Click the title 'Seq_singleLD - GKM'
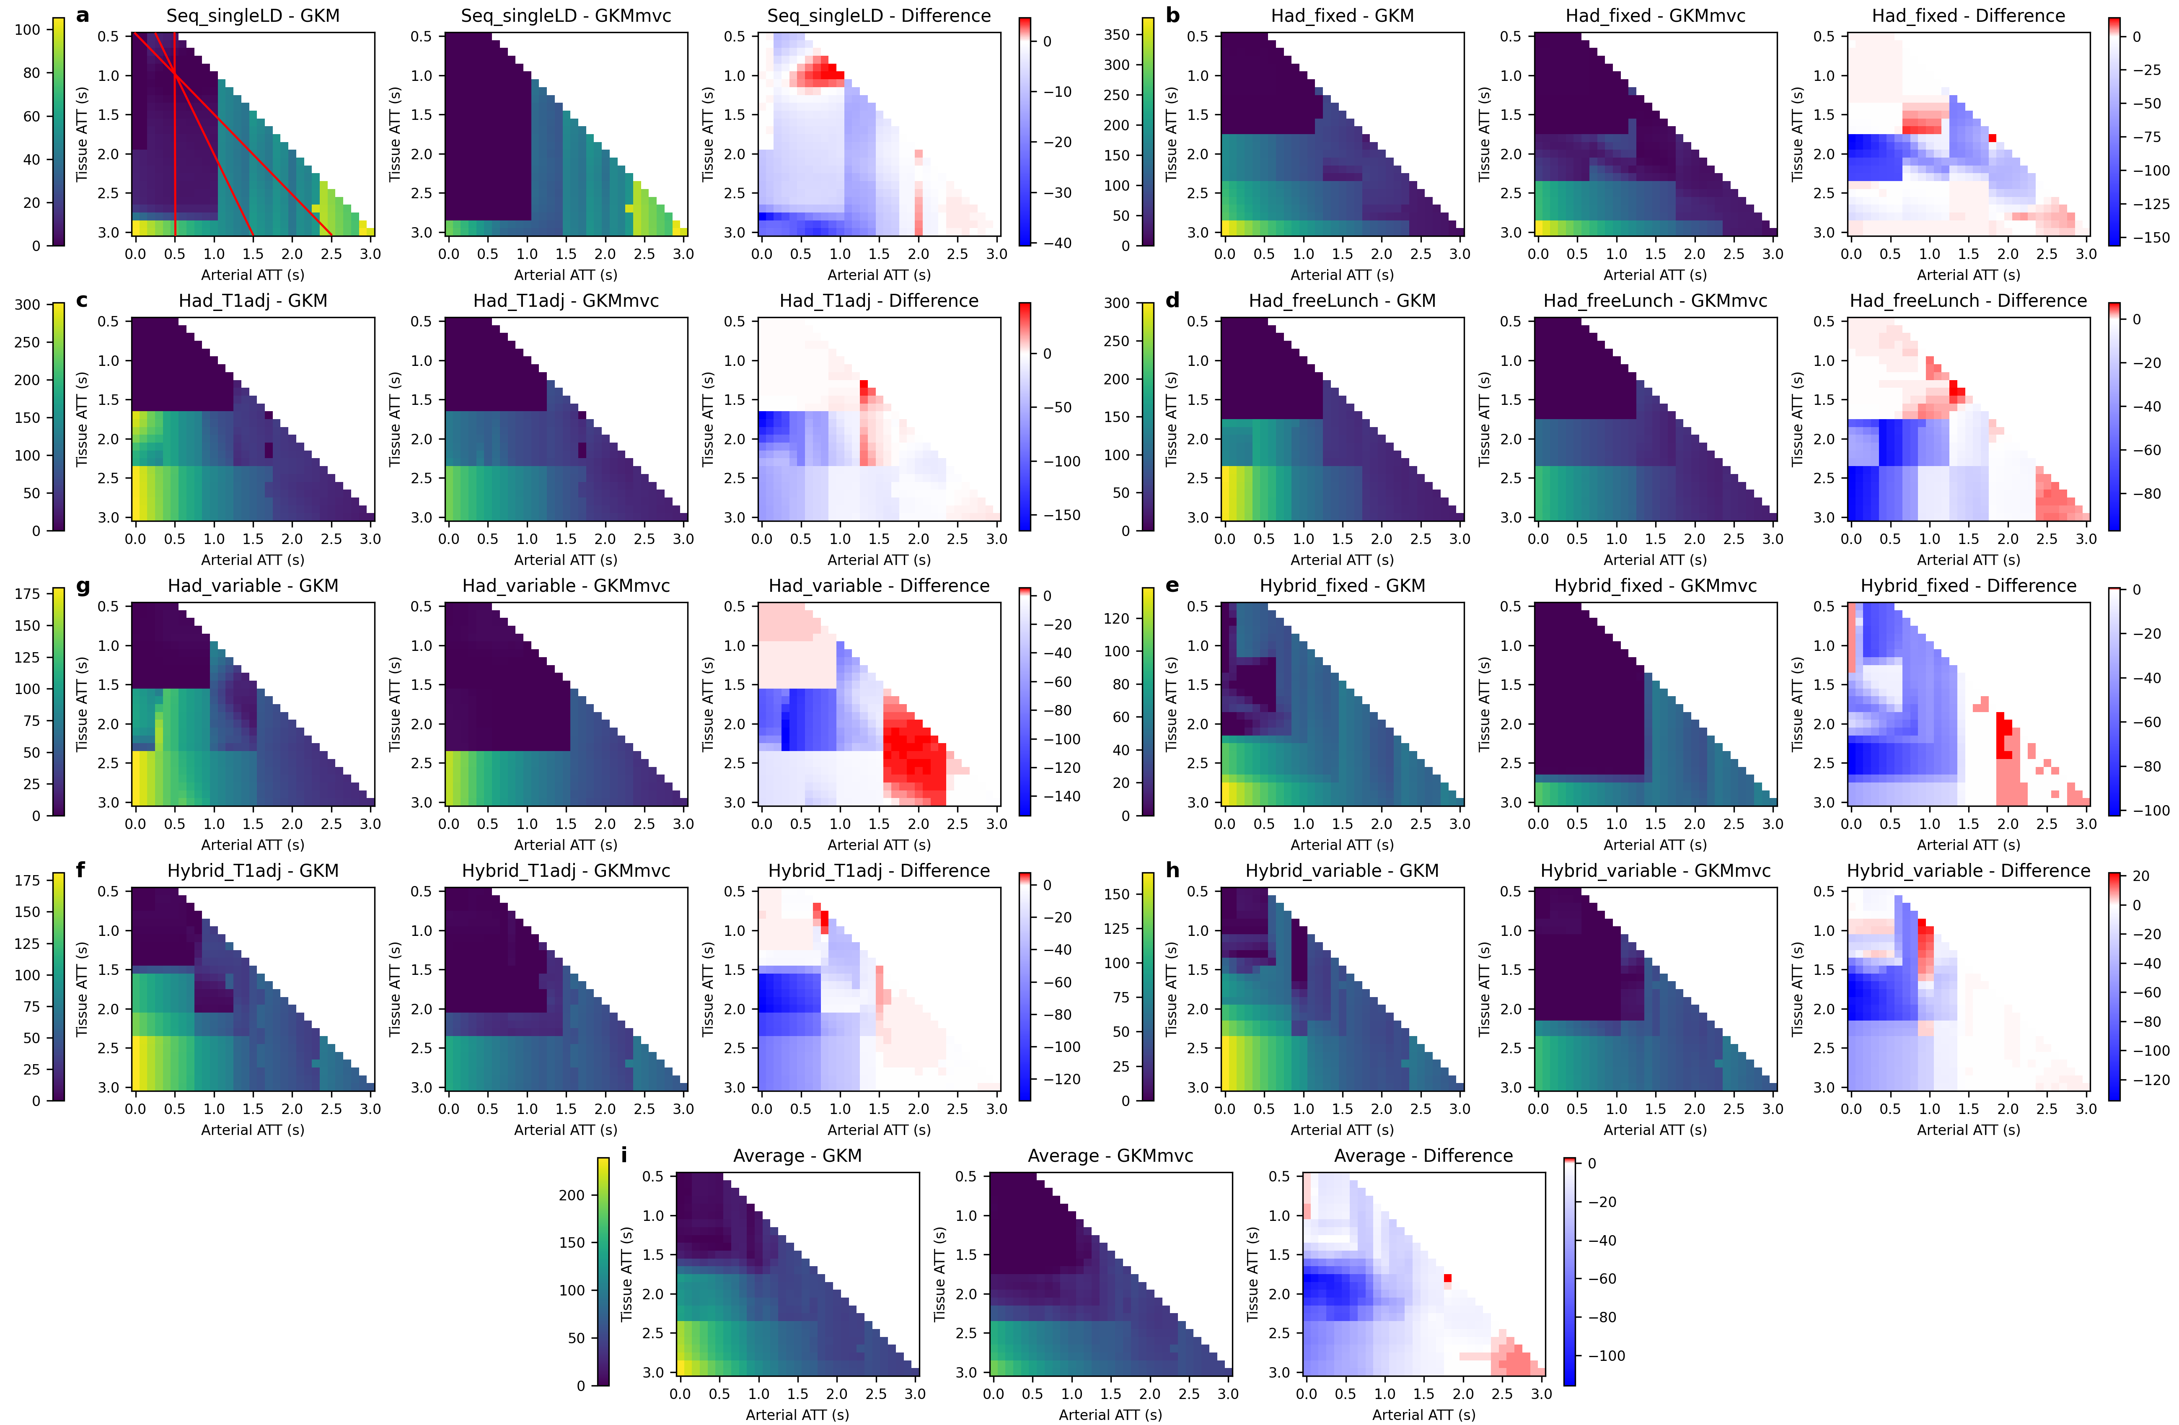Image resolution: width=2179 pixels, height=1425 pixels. click(253, 16)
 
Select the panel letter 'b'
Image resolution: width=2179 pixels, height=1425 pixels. click(1173, 16)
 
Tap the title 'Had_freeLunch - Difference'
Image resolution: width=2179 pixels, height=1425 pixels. click(1968, 301)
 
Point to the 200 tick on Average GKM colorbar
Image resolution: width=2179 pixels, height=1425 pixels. click(572, 1195)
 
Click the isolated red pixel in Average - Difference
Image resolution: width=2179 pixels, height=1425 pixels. click(1447, 1277)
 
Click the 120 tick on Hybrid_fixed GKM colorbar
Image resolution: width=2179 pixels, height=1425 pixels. click(1117, 618)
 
